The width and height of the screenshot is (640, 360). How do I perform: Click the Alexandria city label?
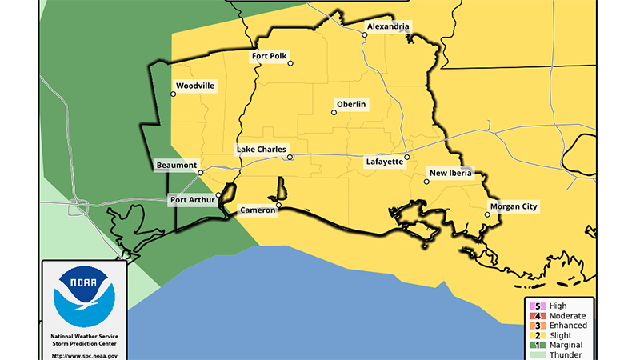click(x=388, y=26)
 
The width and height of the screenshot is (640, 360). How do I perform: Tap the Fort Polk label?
click(x=269, y=56)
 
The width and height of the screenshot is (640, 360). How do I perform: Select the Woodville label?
click(x=195, y=86)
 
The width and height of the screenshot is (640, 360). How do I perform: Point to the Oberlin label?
click(x=351, y=105)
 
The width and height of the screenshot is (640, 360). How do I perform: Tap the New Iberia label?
click(x=451, y=173)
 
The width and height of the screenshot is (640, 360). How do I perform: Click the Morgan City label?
click(x=514, y=207)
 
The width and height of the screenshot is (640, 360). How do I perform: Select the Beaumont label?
click(x=177, y=166)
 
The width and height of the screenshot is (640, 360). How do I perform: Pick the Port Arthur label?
click(x=192, y=200)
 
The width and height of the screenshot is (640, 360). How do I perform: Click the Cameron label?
click(x=258, y=211)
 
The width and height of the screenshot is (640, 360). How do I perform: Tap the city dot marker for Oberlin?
click(x=334, y=113)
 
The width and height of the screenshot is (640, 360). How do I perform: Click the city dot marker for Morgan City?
click(x=487, y=214)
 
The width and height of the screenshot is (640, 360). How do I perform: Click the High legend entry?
click(x=558, y=306)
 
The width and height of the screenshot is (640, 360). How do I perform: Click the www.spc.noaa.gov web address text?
click(x=84, y=355)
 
